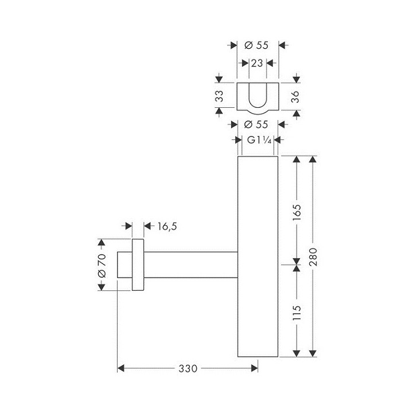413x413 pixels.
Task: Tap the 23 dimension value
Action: [257, 63]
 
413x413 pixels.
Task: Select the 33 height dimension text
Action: [219, 95]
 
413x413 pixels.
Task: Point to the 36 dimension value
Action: [296, 95]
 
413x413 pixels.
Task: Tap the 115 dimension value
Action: [297, 312]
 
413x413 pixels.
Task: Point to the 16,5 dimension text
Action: [166, 227]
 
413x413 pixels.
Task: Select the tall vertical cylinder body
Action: [257, 258]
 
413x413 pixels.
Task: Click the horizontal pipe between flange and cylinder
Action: [189, 265]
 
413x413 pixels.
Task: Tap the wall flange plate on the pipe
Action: [138, 265]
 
